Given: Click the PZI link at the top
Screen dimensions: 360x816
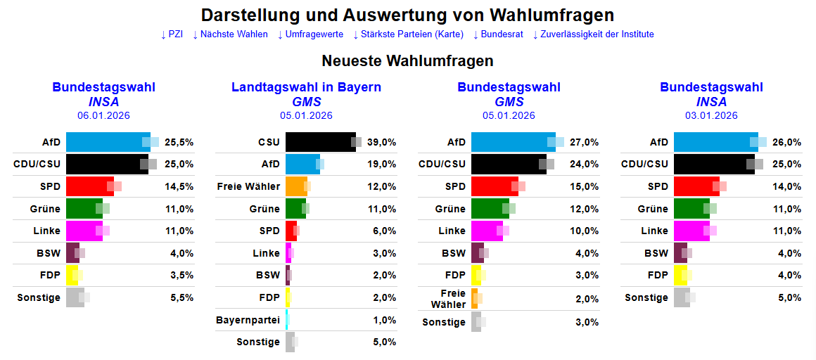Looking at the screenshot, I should coord(172,34).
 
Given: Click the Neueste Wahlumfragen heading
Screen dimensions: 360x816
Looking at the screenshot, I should coord(407,61).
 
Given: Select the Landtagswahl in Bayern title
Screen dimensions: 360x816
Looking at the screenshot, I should coord(306,87).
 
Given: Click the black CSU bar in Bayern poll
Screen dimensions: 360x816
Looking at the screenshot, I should coord(320,142).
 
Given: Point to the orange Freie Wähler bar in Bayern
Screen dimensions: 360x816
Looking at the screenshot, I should coord(295,186).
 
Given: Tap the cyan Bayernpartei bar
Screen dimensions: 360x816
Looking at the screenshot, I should coord(287,320).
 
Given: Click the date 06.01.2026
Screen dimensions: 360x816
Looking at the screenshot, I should coord(103,116).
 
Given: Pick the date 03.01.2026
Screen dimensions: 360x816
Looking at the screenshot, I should coord(711,116).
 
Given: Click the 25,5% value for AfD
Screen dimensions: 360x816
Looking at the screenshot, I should coord(179,142).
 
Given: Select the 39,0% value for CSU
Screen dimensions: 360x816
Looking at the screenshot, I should coord(381,142).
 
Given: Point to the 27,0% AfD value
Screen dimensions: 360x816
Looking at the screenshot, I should coord(584,142).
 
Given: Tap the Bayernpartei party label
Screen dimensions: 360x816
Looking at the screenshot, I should coord(248,320).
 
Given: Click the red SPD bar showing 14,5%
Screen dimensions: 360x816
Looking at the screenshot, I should coord(89,186).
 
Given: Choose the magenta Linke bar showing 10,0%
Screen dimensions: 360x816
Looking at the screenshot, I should coord(487,231).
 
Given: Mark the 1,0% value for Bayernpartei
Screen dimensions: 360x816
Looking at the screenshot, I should coord(384,320).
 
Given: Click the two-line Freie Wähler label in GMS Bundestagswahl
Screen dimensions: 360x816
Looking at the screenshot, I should coord(453,298).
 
